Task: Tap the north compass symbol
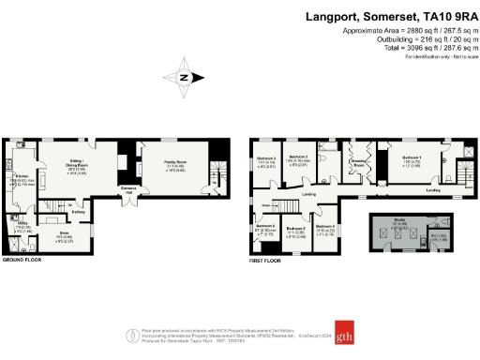(x=184, y=77)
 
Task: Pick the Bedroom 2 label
(x=298, y=157)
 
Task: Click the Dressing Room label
(x=358, y=162)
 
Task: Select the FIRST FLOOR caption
(x=266, y=261)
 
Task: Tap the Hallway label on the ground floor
(x=81, y=212)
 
